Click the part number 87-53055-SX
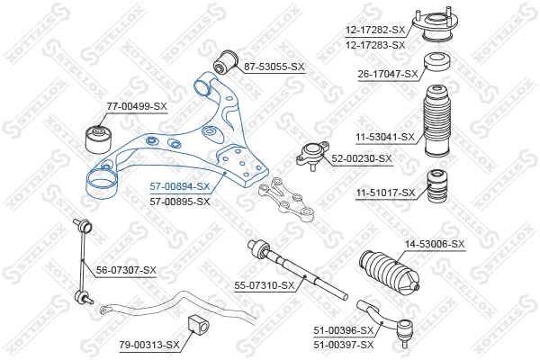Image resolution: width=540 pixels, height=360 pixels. [274, 67]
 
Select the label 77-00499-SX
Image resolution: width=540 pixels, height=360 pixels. [137, 107]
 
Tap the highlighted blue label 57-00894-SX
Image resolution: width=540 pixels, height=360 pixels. [179, 187]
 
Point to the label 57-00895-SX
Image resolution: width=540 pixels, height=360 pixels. [179, 201]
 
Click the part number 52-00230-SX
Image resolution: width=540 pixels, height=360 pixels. [362, 158]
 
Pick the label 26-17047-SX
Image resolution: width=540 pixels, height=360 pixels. [388, 75]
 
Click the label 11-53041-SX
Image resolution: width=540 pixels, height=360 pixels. [383, 137]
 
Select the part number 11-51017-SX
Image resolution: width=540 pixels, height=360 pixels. [384, 193]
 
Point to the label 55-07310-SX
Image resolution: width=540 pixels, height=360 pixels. [265, 286]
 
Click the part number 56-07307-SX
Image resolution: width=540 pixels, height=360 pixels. [126, 270]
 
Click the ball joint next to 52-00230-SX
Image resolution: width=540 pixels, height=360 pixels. [312, 158]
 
